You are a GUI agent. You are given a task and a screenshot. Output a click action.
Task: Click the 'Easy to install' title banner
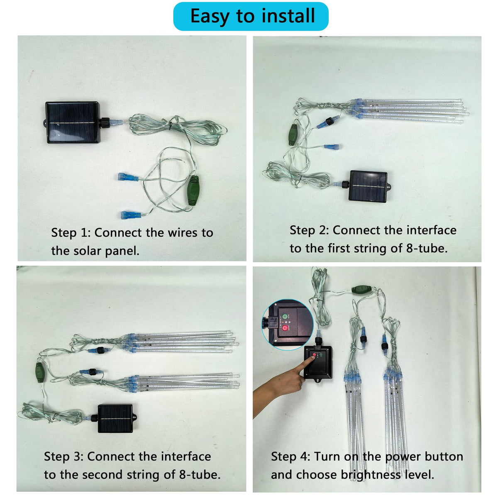pos(250,16)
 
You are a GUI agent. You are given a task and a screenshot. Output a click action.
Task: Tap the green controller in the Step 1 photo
pos(193,190)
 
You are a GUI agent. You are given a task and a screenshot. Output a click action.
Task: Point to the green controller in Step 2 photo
pos(293,134)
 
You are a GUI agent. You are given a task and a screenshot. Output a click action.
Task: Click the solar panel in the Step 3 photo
pos(116,419)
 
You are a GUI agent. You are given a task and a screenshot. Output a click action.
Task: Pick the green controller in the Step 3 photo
pos(39,372)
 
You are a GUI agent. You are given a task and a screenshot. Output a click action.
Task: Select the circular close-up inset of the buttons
pos(287,325)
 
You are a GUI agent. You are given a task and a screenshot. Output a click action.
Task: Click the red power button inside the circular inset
pos(285,328)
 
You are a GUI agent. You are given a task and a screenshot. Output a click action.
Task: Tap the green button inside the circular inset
pos(285,316)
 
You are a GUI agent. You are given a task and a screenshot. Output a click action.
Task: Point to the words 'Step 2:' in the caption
pos(309,230)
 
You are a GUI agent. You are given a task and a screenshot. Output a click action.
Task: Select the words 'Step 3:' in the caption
pos(63,456)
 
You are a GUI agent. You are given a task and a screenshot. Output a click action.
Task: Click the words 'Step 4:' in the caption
pos(290,456)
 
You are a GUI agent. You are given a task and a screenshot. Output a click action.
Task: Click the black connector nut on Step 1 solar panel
pos(105,122)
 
